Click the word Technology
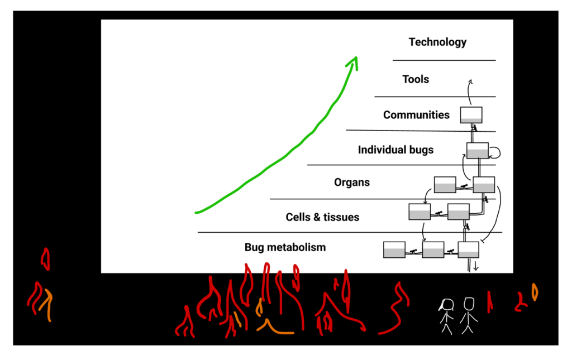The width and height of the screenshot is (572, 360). [x=437, y=42]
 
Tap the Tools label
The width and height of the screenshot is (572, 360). [x=416, y=79]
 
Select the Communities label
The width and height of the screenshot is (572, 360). [x=416, y=115]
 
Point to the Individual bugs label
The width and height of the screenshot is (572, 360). [x=396, y=150]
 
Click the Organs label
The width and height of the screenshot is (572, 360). [x=352, y=182]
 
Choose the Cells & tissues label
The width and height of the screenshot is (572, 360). [x=322, y=217]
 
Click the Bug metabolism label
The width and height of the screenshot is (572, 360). [x=285, y=247]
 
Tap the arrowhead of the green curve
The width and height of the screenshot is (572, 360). [x=352, y=63]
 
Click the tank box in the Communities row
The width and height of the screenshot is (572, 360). [x=471, y=115]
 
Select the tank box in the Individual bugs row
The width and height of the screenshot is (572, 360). [x=478, y=151]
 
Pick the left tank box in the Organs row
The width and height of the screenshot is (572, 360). [x=445, y=185]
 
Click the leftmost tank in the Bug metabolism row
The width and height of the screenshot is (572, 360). [x=394, y=249]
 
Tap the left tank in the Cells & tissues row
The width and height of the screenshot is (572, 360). [x=420, y=212]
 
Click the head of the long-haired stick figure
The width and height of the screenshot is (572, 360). [x=447, y=304]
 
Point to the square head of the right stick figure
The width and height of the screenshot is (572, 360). [x=469, y=304]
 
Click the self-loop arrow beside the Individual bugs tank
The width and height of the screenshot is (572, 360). [x=495, y=153]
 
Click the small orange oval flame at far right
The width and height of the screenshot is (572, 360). [x=535, y=292]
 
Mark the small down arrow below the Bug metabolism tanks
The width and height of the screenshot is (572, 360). [x=475, y=266]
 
